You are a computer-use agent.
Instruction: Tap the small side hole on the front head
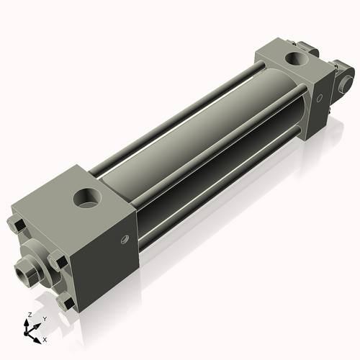[x=124, y=239]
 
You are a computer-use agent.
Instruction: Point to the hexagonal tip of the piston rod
[x=23, y=272]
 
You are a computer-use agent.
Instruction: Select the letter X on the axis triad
[x=45, y=338]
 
